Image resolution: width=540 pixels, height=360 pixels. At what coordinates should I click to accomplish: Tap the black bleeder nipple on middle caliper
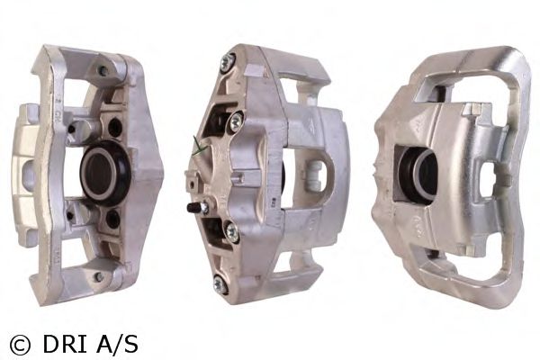click(192, 207)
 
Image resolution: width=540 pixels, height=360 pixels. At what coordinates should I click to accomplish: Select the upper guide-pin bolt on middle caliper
click(236, 119)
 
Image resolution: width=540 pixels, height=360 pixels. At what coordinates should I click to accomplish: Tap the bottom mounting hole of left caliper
click(97, 276)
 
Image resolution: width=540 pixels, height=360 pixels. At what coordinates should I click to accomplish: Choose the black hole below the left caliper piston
click(112, 218)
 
